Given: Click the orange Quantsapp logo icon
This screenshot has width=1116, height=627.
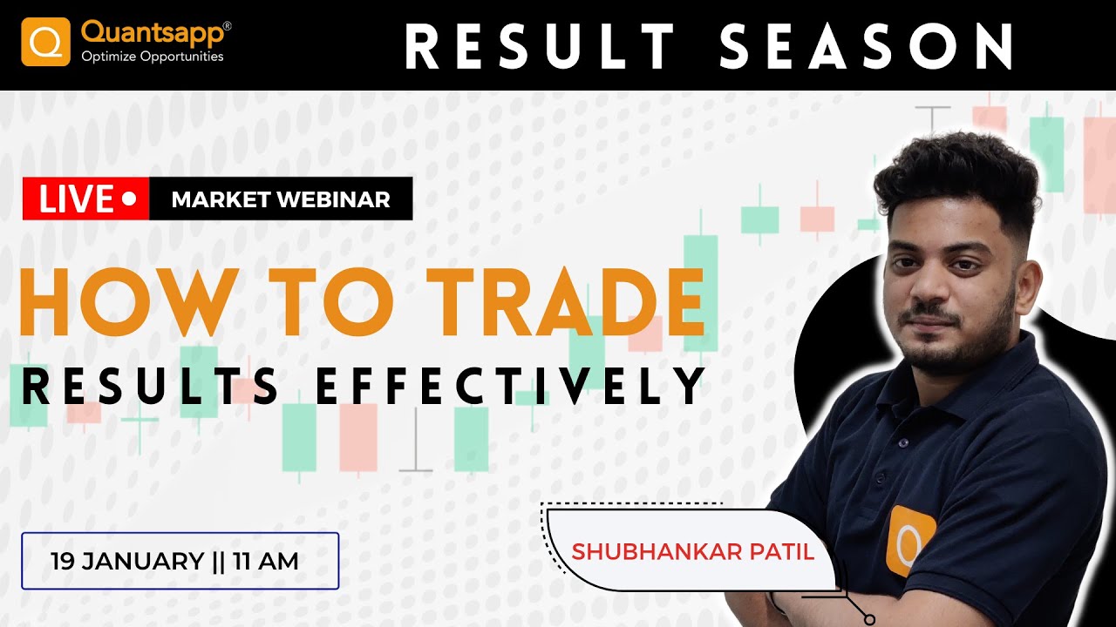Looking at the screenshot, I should coord(45,42).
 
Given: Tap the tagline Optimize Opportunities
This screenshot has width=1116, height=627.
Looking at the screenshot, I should coord(153,57).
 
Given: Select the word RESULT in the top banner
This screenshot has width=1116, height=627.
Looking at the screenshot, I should coord(540,46).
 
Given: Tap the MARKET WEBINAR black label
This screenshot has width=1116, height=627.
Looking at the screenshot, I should coord(281,199).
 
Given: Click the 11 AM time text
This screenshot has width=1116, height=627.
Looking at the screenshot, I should coord(265,561).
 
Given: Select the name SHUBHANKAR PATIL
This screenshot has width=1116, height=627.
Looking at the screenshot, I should coord(692,552).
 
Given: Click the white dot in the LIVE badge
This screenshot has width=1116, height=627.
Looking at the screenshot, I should coord(129,199).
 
